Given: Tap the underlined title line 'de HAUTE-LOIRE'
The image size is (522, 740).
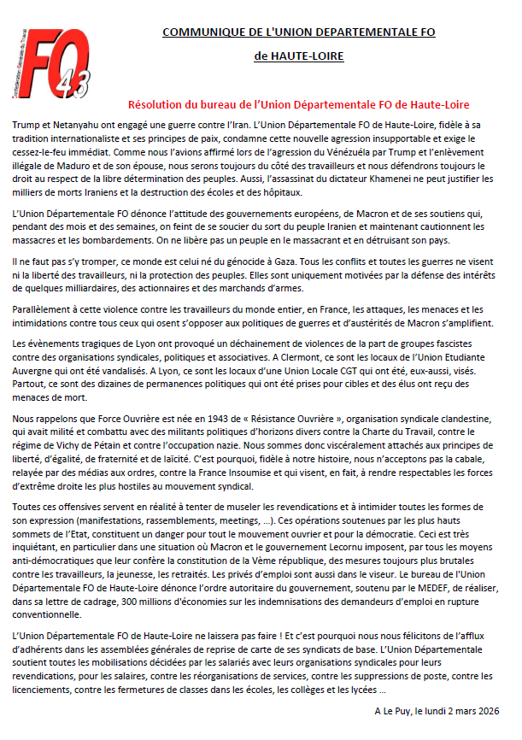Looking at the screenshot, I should pyautogui.click(x=299, y=56).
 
